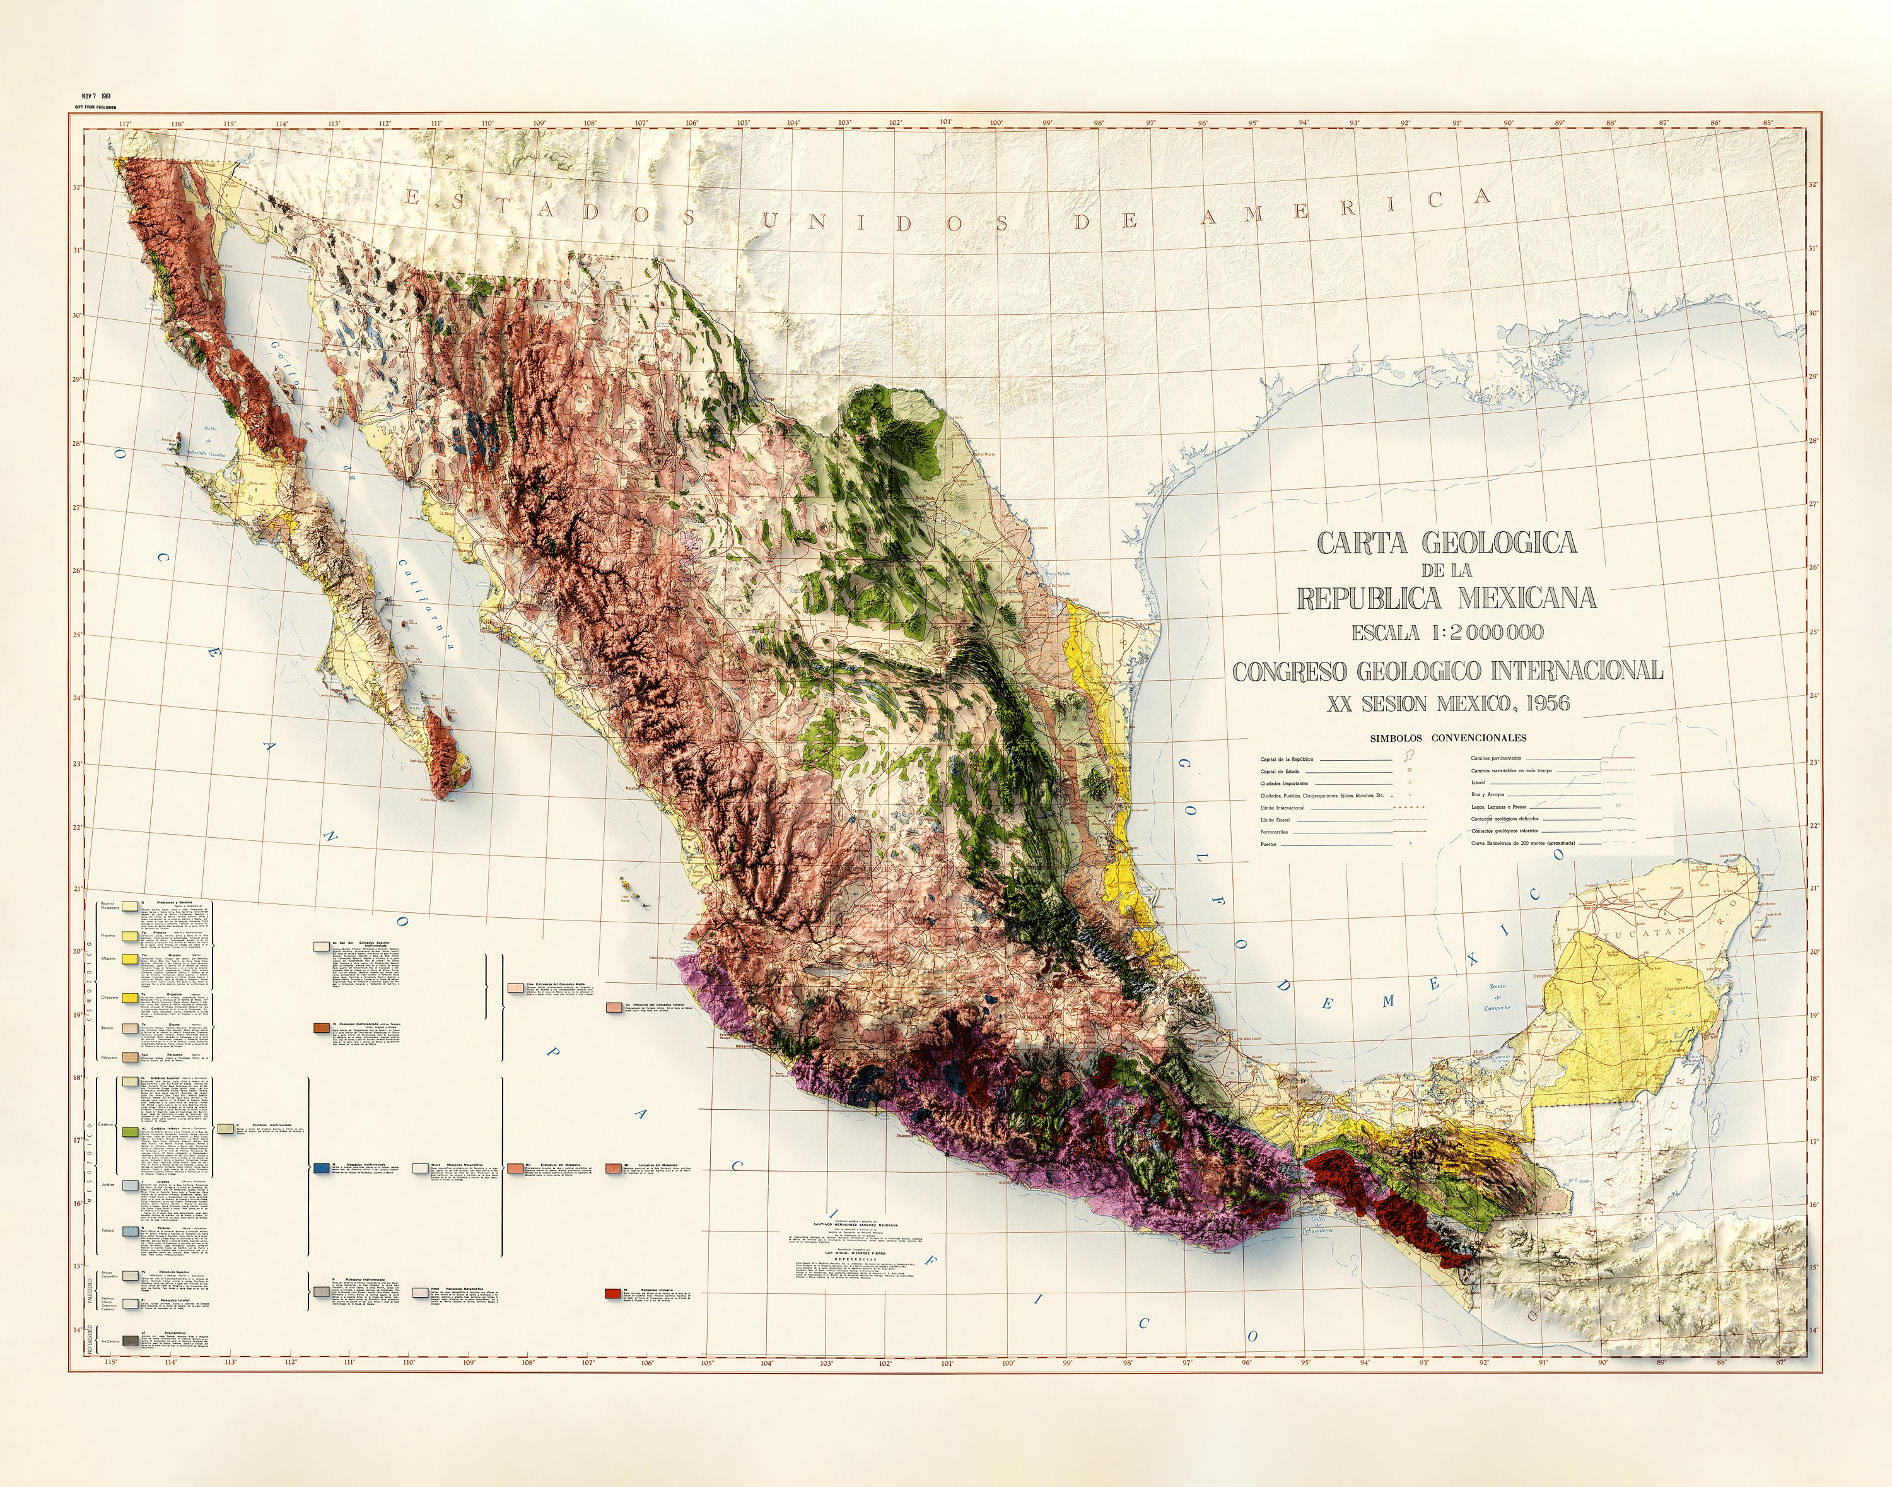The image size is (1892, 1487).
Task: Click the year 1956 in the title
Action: pos(1539,703)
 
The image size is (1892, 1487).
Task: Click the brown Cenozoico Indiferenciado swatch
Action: pos(321,1028)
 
